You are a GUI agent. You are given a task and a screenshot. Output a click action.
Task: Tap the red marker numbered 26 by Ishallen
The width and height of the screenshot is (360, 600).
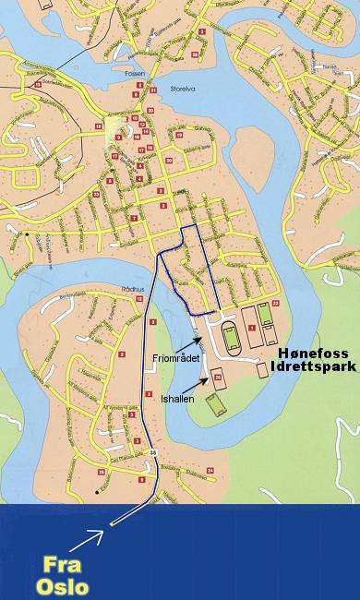218,377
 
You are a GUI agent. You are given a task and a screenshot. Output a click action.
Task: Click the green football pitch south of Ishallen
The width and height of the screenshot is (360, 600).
215,404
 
